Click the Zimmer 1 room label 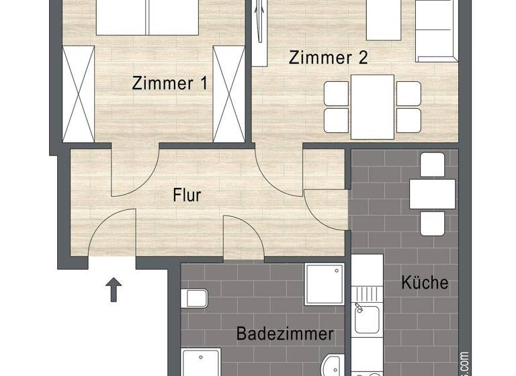(x=169, y=84)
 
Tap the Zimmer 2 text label (x=329, y=58)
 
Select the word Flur (x=187, y=196)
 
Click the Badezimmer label (x=286, y=334)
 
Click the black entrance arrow (x=114, y=289)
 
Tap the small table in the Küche (x=432, y=194)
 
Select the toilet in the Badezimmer (x=196, y=297)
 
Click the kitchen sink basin (x=368, y=318)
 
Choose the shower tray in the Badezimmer (x=325, y=284)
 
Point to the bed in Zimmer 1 (x=148, y=17)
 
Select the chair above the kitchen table (x=432, y=164)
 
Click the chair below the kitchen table (x=432, y=224)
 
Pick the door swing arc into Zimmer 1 (x=134, y=171)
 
